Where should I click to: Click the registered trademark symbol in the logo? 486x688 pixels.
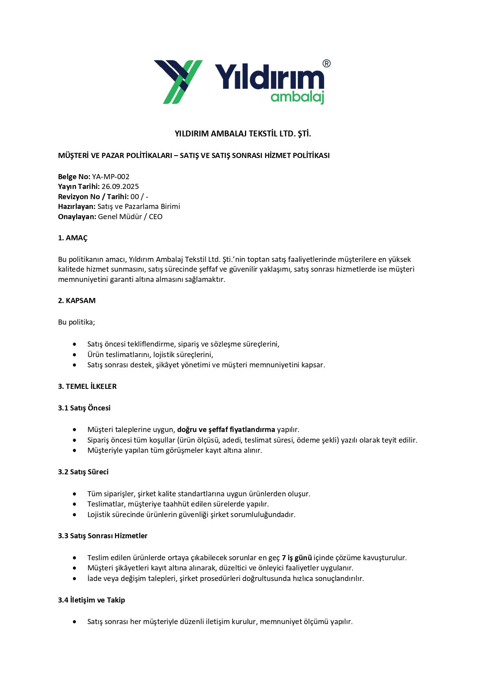(x=326, y=64)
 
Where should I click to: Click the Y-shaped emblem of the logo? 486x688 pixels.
(x=178, y=82)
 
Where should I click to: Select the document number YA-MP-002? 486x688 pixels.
(x=111, y=177)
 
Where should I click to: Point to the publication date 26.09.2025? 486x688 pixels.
(x=120, y=187)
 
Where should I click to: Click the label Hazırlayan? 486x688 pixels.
(x=77, y=207)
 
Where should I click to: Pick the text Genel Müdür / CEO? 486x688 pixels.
(x=130, y=217)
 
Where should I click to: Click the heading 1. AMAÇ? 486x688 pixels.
(x=73, y=238)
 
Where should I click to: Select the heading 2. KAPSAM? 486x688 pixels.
(x=77, y=301)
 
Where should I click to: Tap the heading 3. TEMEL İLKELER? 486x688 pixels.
(x=87, y=387)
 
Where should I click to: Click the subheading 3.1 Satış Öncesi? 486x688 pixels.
(x=84, y=408)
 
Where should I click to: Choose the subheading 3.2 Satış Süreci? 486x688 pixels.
(x=83, y=472)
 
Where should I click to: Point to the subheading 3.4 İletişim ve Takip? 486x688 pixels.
(x=91, y=600)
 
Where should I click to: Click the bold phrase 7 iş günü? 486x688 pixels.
(x=297, y=558)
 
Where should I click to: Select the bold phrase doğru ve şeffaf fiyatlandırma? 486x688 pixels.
(x=226, y=430)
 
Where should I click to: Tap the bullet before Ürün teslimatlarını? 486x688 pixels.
(x=74, y=355)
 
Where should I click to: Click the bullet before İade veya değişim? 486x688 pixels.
(x=74, y=579)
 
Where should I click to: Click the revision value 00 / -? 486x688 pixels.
(x=139, y=197)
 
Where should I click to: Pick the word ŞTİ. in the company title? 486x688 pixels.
(x=304, y=134)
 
